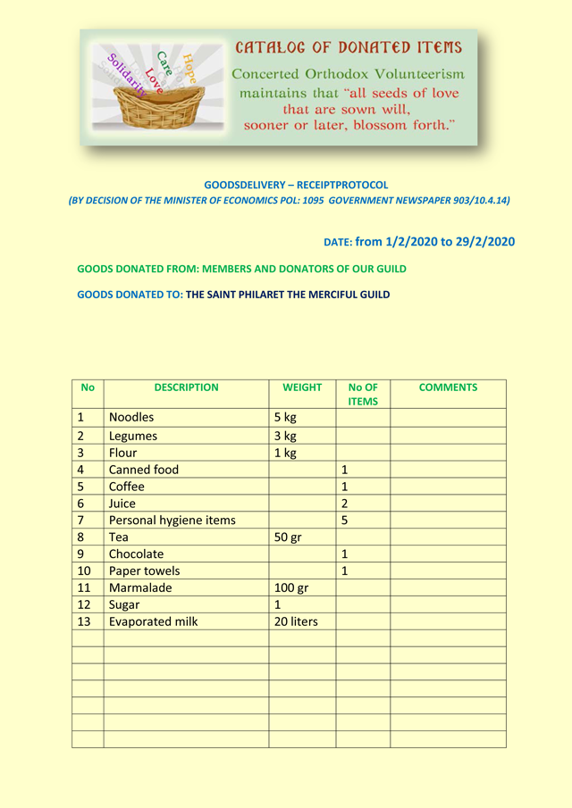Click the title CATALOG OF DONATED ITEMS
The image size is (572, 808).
[x=349, y=47]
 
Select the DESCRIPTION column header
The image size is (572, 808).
[x=186, y=387]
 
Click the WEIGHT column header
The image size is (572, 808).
[x=302, y=387]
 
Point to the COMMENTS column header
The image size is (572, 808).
[x=448, y=387]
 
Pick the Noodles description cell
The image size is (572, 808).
[x=131, y=417]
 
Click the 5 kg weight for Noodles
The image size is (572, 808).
[x=284, y=417]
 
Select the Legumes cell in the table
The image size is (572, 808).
[x=133, y=436]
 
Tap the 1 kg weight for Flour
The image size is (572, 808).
[x=284, y=453]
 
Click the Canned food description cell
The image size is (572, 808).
[x=144, y=470]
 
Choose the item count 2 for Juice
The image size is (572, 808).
[x=344, y=504]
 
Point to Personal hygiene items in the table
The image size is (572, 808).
[x=172, y=521]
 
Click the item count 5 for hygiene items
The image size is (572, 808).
[x=344, y=521]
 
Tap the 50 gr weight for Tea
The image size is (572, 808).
[x=288, y=537]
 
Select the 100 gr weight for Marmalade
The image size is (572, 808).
[x=291, y=588]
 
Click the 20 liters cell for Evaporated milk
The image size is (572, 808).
[x=296, y=622]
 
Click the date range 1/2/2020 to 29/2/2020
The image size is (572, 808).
[x=434, y=242]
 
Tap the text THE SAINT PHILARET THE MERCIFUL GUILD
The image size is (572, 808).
[x=288, y=294]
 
